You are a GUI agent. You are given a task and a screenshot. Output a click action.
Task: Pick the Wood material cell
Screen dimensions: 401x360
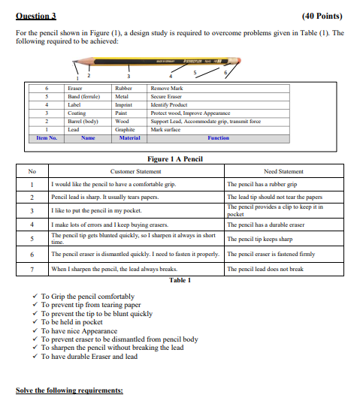[123, 121]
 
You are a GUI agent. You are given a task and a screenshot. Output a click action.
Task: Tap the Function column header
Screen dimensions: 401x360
[218, 138]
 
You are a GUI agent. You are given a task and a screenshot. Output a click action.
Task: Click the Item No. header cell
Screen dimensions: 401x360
[47, 138]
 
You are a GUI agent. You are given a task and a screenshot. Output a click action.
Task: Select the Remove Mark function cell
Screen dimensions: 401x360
[167, 88]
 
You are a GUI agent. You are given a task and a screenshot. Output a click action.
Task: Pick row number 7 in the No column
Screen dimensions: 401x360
[32, 268]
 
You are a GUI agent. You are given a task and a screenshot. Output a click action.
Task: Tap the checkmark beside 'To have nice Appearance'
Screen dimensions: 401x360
[35, 330]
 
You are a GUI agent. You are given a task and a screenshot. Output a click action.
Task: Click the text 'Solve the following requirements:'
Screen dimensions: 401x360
[69, 390]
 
